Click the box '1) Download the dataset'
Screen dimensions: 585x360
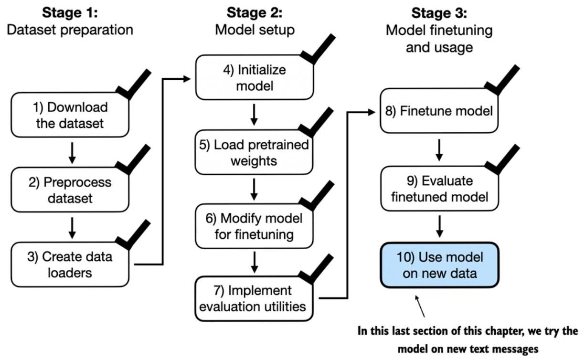click(x=70, y=115)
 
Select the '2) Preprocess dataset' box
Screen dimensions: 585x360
click(x=70, y=190)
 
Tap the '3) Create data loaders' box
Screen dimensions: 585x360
click(x=70, y=265)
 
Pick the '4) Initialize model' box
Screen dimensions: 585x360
click(x=255, y=77)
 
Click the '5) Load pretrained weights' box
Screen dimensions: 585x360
click(x=254, y=152)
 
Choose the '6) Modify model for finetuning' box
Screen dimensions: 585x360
click(x=255, y=226)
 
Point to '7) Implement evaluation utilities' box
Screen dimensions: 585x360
click(x=254, y=299)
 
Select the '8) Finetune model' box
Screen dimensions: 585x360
click(x=439, y=111)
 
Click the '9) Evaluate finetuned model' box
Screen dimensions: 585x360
click(x=440, y=189)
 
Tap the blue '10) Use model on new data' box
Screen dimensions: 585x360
click(x=440, y=265)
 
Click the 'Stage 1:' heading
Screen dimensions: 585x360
click(x=70, y=12)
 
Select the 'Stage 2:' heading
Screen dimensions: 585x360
click(x=255, y=12)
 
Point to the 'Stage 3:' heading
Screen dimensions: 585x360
click(x=439, y=13)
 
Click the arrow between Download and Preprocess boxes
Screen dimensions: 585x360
click(x=72, y=153)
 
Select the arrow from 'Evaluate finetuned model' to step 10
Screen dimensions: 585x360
click(x=440, y=226)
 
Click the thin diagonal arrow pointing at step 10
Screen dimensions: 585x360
click(x=420, y=306)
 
